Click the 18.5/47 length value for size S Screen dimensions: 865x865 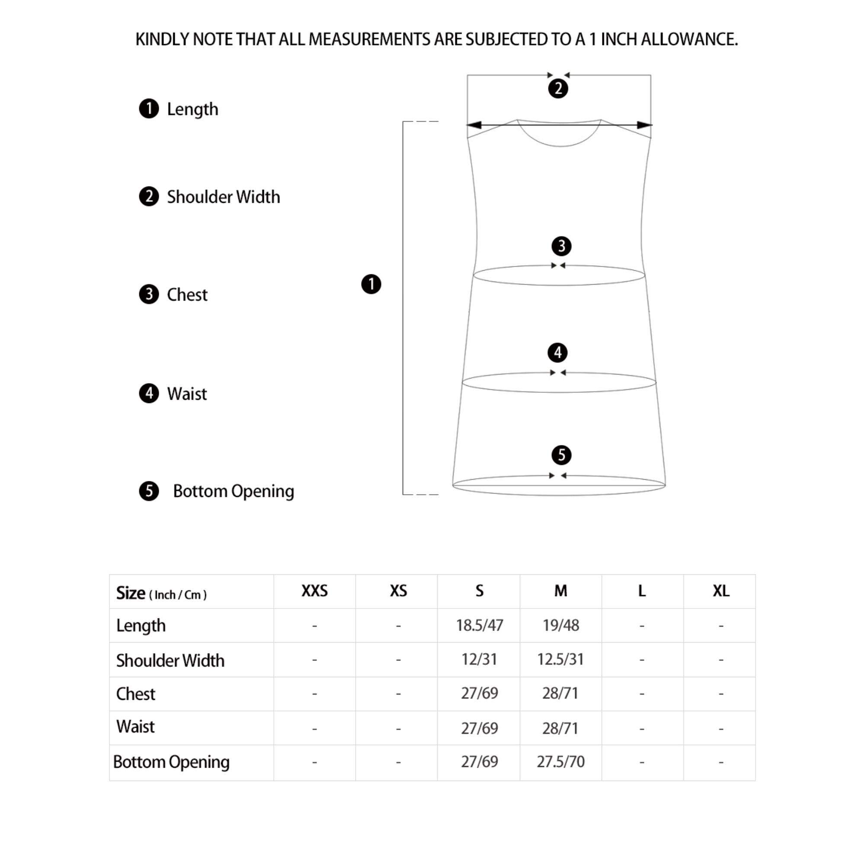point(479,625)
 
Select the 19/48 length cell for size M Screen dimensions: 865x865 point(561,625)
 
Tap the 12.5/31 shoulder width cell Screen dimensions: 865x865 point(561,660)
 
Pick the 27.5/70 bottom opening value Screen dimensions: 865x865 point(561,762)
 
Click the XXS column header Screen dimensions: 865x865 point(314,591)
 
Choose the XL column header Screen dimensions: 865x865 point(721,591)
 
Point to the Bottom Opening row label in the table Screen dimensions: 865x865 point(171,762)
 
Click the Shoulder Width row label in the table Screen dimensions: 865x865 point(170,660)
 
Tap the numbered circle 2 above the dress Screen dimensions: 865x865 point(558,89)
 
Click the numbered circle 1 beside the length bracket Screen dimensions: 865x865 point(371,284)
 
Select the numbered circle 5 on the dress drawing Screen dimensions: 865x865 point(561,455)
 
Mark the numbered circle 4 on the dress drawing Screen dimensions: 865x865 point(558,353)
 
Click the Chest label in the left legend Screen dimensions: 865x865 point(187,295)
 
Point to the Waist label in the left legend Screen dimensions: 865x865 point(187,394)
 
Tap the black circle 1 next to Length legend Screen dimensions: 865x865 point(149,109)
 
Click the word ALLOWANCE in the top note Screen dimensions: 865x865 point(689,40)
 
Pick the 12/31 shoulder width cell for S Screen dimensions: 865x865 point(479,660)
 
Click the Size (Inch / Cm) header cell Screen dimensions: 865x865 point(161,593)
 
